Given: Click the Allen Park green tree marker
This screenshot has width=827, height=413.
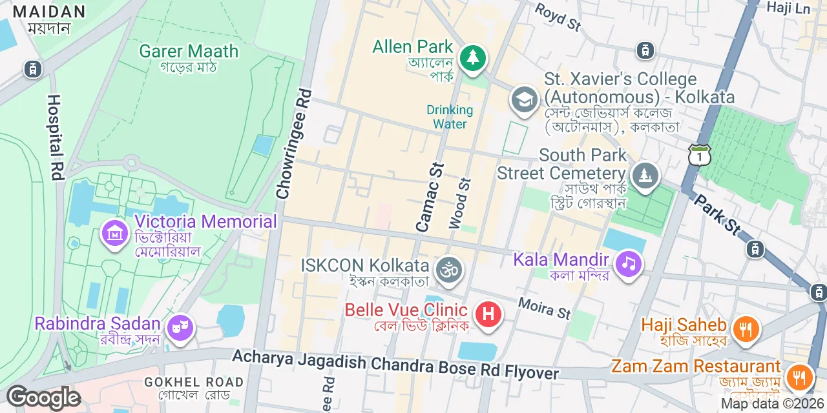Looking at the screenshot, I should click(473, 58).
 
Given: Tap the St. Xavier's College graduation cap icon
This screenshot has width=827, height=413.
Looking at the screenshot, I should click(524, 100).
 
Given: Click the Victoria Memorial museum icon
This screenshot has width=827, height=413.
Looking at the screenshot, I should click(115, 234).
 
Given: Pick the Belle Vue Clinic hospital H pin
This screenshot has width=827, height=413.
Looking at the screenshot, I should click(488, 315).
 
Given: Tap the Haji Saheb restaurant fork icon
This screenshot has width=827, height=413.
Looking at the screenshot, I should click(746, 329).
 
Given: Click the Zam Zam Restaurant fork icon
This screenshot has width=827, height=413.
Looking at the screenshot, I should click(799, 375).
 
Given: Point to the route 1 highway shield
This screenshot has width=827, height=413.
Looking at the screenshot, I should click(700, 156).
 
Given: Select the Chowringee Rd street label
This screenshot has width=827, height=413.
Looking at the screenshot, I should click(293, 143).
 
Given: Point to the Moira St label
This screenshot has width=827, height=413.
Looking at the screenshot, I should click(544, 308).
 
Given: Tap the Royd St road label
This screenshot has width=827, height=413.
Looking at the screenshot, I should click(558, 17).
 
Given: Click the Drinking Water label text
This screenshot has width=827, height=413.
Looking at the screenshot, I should click(450, 117).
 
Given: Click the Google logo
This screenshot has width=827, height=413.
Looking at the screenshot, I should click(43, 398).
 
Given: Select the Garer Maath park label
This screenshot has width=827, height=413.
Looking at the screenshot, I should click(189, 51).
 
